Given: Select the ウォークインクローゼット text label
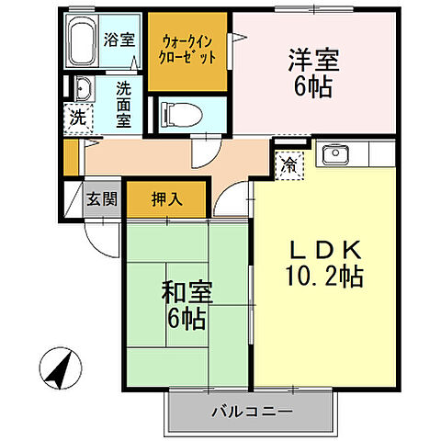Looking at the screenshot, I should click(x=188, y=49).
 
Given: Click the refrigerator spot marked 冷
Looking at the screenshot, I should click(x=289, y=166).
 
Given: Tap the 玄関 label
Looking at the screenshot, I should click(x=102, y=198).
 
